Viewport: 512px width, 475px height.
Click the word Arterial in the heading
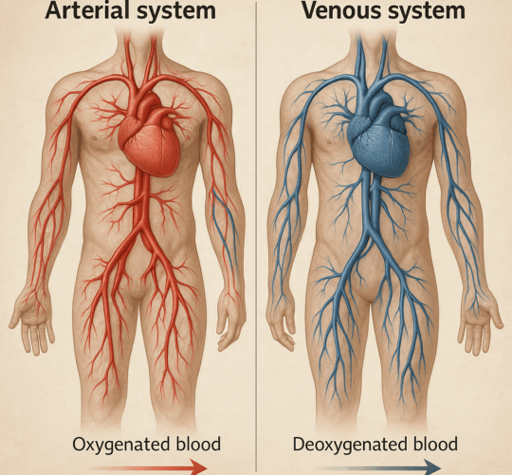point(88,9)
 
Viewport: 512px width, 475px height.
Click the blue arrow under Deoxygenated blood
point(375,467)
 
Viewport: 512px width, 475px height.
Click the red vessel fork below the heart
point(141,229)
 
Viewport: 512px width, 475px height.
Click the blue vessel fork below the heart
point(370,231)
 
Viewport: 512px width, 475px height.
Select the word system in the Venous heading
point(424,10)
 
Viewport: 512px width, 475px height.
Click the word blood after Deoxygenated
point(435,444)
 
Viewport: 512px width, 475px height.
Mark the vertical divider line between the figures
point(256,237)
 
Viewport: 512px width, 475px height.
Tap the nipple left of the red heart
point(95,138)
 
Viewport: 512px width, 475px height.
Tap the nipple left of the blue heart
point(329,141)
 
